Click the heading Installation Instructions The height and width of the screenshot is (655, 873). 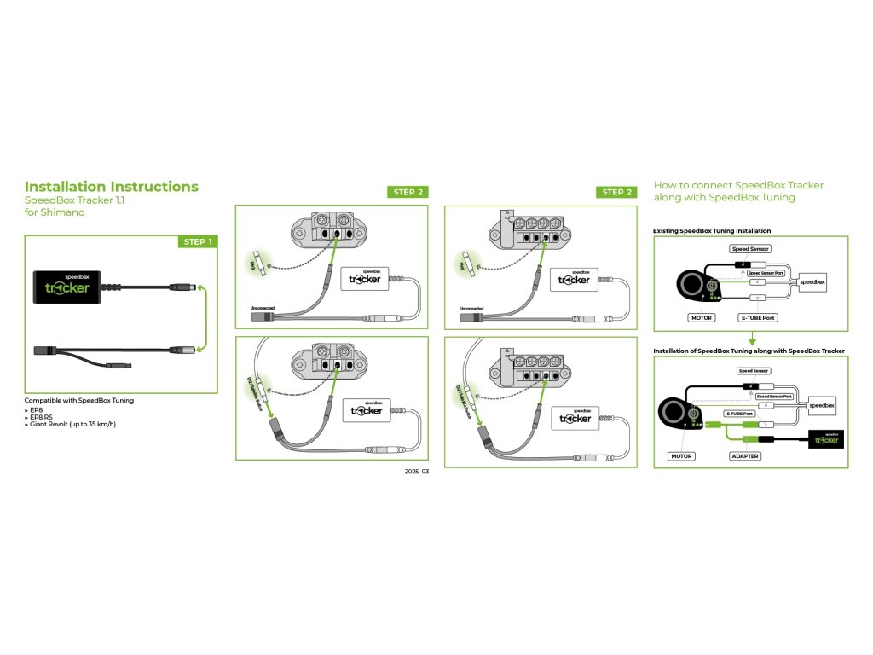111,187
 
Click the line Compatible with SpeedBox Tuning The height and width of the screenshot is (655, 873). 78,400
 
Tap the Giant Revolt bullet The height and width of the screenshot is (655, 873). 72,424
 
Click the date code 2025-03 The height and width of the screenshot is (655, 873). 417,471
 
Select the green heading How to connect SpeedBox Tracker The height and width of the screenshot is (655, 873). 738,185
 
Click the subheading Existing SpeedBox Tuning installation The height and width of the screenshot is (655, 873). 712,230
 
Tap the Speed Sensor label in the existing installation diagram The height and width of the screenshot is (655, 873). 751,249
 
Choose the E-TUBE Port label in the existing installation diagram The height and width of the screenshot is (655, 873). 758,317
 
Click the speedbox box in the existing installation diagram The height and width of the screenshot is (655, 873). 816,281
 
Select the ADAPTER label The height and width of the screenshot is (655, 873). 744,456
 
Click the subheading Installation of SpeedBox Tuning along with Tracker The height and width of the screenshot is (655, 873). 749,351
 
